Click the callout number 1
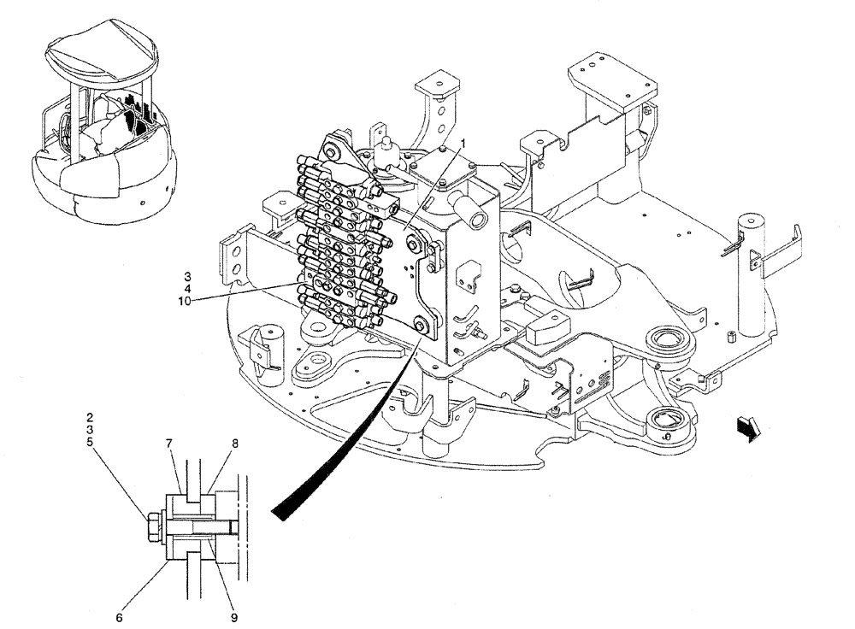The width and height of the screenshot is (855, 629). (x=463, y=143)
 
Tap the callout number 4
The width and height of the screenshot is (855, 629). (x=186, y=290)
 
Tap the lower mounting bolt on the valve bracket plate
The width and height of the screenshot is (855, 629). (x=420, y=322)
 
